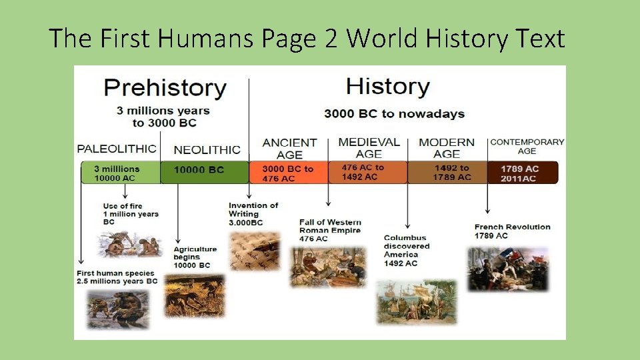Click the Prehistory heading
coord(165,88)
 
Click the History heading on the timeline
coord(387,87)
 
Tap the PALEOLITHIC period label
coord(117,149)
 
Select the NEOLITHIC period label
coord(206,150)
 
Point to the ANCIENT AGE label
coord(289,148)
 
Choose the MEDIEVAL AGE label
coord(369,147)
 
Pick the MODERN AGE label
coord(446,148)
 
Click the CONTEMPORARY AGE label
coord(527,146)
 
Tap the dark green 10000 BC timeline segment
coord(204,171)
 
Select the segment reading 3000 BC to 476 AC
coord(288,173)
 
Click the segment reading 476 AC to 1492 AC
coord(367,172)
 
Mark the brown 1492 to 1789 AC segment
coord(447,172)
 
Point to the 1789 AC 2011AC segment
coord(523,173)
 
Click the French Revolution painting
coord(508,269)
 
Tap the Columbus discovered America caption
coord(407,250)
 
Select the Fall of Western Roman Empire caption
coord(330,230)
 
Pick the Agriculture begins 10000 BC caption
coord(195,257)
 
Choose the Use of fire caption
coord(131,213)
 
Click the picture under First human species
coord(118,308)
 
